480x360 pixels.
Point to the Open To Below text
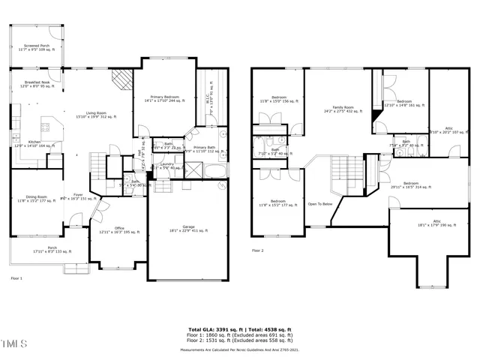pyautogui.click(x=320, y=203)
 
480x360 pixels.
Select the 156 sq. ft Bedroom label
pyautogui.click(x=278, y=100)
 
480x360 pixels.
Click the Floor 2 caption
pyautogui.click(x=258, y=250)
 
